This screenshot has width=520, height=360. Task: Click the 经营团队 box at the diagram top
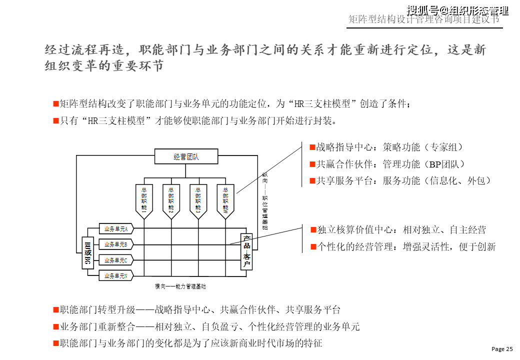click(186, 156)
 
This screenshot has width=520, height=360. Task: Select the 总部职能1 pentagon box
click(144, 199)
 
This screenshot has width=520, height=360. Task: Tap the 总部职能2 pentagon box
click(171, 199)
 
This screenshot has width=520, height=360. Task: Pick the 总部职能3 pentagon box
click(198, 199)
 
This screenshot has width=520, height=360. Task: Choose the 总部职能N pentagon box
click(225, 199)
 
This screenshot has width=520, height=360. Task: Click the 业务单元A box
click(116, 229)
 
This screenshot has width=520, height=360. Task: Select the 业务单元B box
click(116, 244)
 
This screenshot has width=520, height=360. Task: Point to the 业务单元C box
click(116, 260)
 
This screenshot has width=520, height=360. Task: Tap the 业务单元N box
click(116, 275)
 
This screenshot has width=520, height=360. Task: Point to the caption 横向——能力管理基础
click(180, 286)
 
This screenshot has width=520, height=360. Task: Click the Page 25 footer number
click(502, 348)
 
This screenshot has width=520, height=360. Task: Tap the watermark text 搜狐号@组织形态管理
click(457, 10)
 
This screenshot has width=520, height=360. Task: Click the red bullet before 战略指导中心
click(312, 147)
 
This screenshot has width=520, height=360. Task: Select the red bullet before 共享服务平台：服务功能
click(312, 181)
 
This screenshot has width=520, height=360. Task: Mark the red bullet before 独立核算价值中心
click(313, 230)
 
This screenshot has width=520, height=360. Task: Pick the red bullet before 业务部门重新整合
click(55, 327)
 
